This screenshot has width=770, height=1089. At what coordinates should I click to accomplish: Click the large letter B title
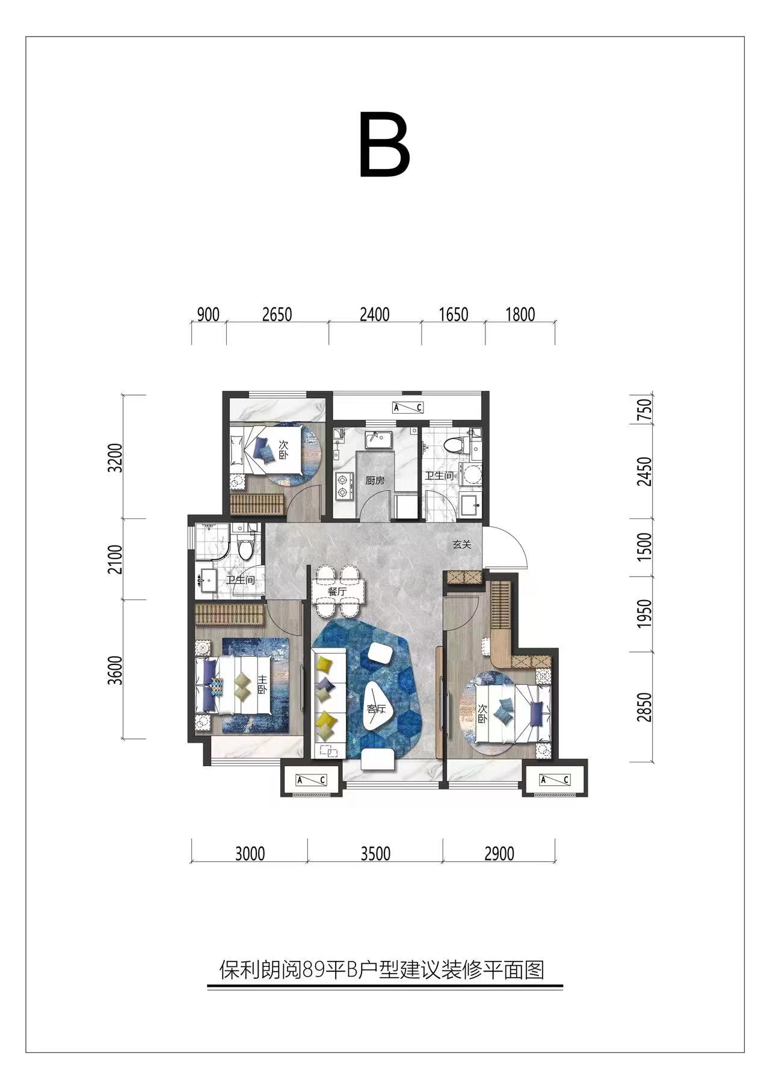pyautogui.click(x=384, y=145)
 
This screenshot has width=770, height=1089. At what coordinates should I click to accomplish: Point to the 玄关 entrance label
pyautogui.click(x=461, y=545)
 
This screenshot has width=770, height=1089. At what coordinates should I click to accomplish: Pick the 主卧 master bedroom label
pyautogui.click(x=262, y=683)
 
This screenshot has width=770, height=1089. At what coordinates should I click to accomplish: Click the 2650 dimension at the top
pyautogui.click(x=277, y=314)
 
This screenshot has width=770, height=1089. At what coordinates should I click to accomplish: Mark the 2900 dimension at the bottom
pyautogui.click(x=499, y=853)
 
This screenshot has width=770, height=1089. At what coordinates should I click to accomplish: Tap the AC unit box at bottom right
pyautogui.click(x=554, y=780)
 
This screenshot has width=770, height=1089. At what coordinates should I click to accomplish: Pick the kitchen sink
pyautogui.click(x=378, y=440)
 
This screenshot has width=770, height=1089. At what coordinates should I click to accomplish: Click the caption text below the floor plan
pyautogui.click(x=382, y=970)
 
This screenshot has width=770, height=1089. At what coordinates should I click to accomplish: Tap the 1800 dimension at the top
pyautogui.click(x=520, y=314)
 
